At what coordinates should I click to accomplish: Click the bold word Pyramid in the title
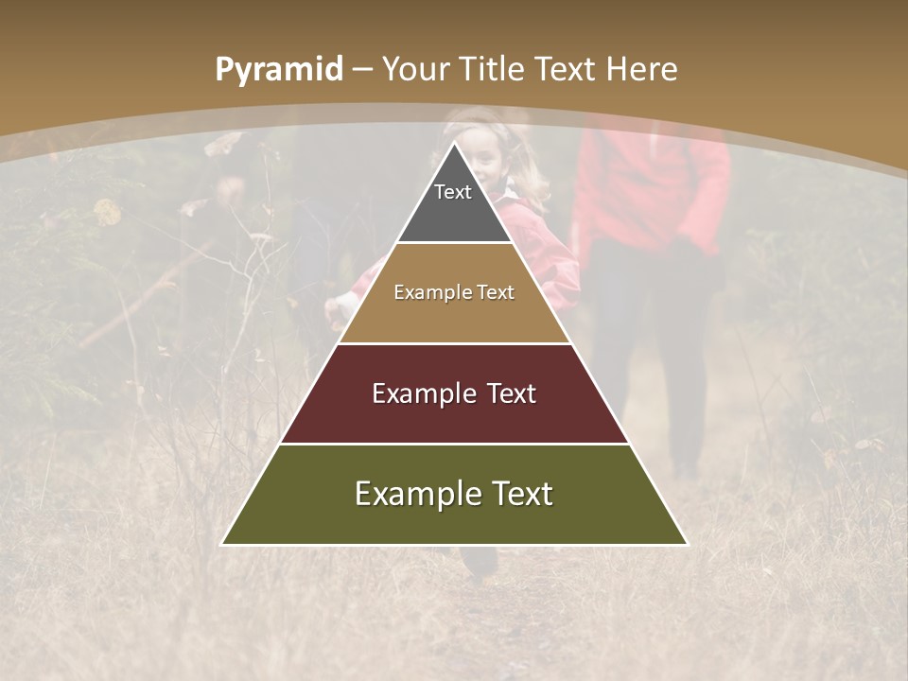279,69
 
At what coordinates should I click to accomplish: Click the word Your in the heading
417,69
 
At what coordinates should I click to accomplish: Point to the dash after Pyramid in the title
363,70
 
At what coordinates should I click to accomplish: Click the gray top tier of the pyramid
454,213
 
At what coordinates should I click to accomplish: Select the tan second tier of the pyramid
454,312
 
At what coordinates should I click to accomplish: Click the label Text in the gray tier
453,192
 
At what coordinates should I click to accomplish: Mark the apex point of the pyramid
454,144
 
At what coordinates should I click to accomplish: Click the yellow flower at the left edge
107,212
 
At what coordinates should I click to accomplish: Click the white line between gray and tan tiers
454,243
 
